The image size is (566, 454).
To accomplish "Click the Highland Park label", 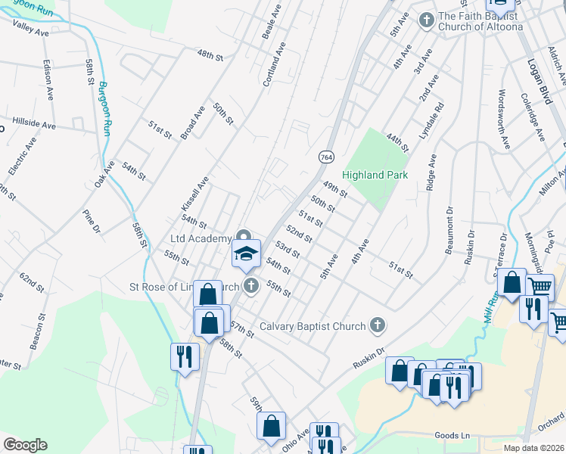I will [375, 175].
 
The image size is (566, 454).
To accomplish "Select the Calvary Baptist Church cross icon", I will [378, 326].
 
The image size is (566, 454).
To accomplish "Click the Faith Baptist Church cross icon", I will [427, 20].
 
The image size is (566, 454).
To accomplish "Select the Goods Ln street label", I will [452, 436].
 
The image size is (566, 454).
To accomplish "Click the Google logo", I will [25, 445].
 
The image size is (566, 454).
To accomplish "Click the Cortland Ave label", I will [275, 64].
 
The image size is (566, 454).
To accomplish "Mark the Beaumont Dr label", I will [451, 231].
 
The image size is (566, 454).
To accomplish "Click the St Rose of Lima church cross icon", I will [251, 287].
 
